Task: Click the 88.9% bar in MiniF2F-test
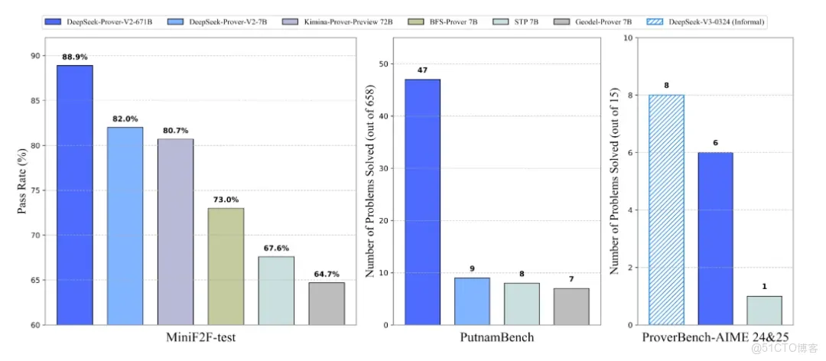coord(74,195)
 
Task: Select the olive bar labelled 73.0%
coord(226,266)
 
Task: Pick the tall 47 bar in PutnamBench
coord(422,202)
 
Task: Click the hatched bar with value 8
coord(667,210)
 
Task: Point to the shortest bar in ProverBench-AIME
coord(764,311)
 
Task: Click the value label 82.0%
coord(125,119)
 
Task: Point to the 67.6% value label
coord(276,248)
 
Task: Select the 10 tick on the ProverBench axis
coord(629,37)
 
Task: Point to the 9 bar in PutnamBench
coord(472,301)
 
